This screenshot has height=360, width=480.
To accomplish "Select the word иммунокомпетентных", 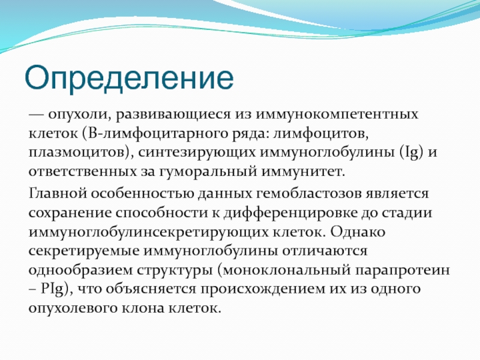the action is click(337, 114).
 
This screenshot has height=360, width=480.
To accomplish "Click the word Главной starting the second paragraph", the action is click(58, 193).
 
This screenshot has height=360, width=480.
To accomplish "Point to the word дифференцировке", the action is click(290, 213).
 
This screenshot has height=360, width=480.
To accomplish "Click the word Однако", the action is click(358, 232).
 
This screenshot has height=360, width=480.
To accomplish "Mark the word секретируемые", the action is click(83, 251).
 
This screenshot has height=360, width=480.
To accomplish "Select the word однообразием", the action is click(80, 270).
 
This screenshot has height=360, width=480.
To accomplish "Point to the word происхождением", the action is click(262, 289).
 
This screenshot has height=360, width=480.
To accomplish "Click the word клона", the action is click(143, 308).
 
